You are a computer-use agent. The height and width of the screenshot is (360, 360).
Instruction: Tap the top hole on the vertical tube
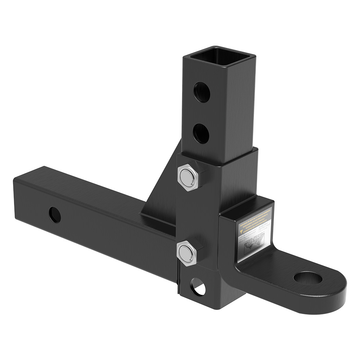tap(202, 92)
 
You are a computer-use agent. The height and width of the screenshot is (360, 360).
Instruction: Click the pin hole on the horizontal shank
tap(55, 215)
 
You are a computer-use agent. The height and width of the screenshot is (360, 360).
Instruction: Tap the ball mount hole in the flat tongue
tap(307, 278)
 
